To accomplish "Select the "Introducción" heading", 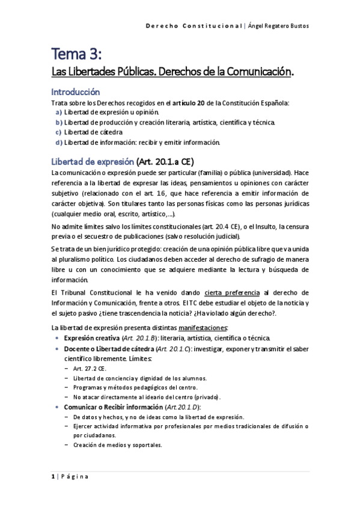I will [75, 93].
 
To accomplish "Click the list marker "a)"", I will [58, 112].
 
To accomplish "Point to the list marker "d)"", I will [58, 143].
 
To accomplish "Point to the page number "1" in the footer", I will [53, 477].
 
